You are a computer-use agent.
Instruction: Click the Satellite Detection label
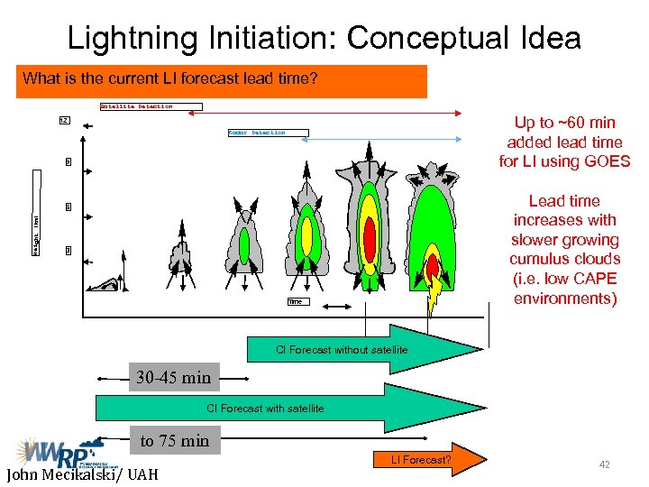pos(136,106)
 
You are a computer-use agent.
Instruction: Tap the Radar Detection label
pos(256,133)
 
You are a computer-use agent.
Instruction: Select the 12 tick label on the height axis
pos(63,120)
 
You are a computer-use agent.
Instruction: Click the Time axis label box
pos(295,302)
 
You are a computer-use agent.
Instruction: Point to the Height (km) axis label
pos(37,234)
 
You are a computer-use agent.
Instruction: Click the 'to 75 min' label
pos(174,441)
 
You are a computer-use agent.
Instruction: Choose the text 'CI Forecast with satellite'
pos(265,409)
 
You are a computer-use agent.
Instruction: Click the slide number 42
pos(605,464)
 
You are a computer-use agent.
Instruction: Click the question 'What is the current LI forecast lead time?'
pos(170,78)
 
